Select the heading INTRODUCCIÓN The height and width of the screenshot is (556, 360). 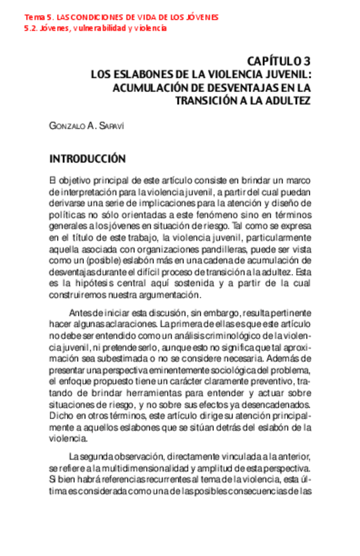(87, 159)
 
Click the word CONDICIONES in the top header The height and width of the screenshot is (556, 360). (87, 16)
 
